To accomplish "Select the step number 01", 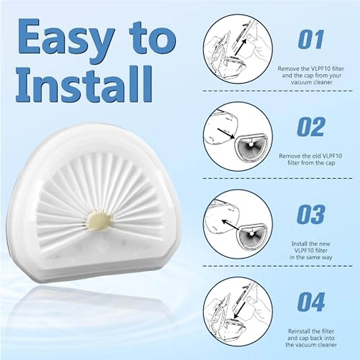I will (311, 39).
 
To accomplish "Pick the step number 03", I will (311, 214).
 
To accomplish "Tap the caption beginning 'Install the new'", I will (310, 250).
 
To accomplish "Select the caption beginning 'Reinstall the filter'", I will (310, 338).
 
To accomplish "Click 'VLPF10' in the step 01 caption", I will (322, 68).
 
